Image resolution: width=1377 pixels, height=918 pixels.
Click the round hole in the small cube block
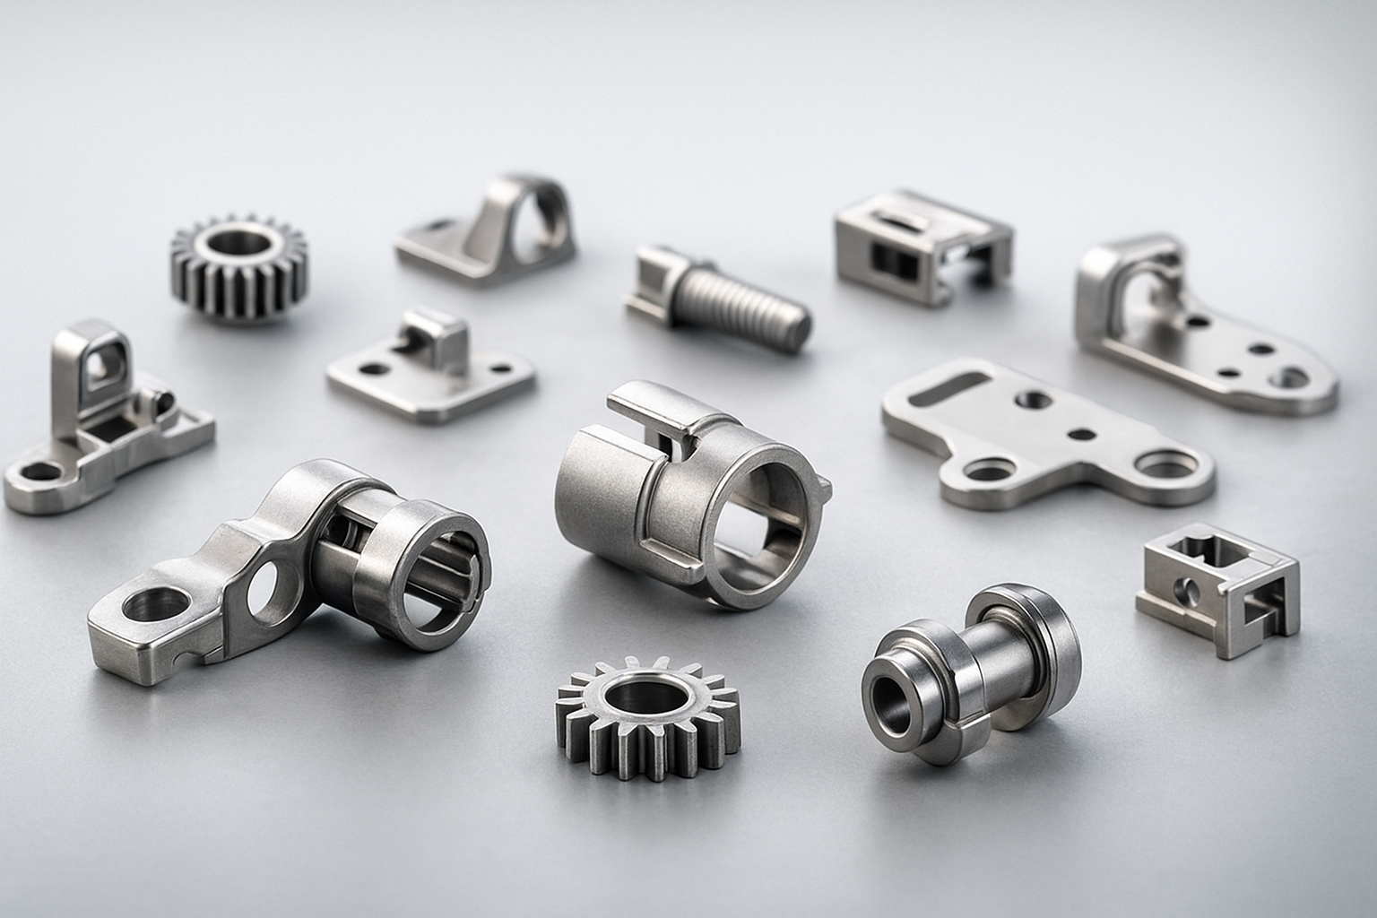(1189, 589)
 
